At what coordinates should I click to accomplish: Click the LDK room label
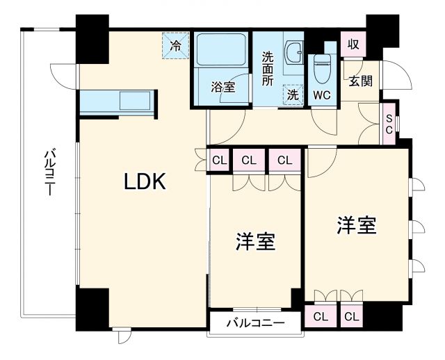[x=145, y=182]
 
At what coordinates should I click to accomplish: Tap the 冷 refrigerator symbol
[x=175, y=46]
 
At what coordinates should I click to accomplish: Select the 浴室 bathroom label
[x=222, y=88]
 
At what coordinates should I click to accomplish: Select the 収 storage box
[x=353, y=44]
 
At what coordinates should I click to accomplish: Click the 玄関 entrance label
[x=360, y=81]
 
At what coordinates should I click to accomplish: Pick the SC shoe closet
[x=389, y=124]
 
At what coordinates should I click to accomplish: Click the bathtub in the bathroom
[x=220, y=49]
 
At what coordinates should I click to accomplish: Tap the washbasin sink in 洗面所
[x=295, y=51]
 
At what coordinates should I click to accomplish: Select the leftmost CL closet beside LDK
[x=219, y=161]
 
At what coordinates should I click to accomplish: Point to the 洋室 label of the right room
[x=357, y=225]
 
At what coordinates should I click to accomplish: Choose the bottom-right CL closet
[x=351, y=317]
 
